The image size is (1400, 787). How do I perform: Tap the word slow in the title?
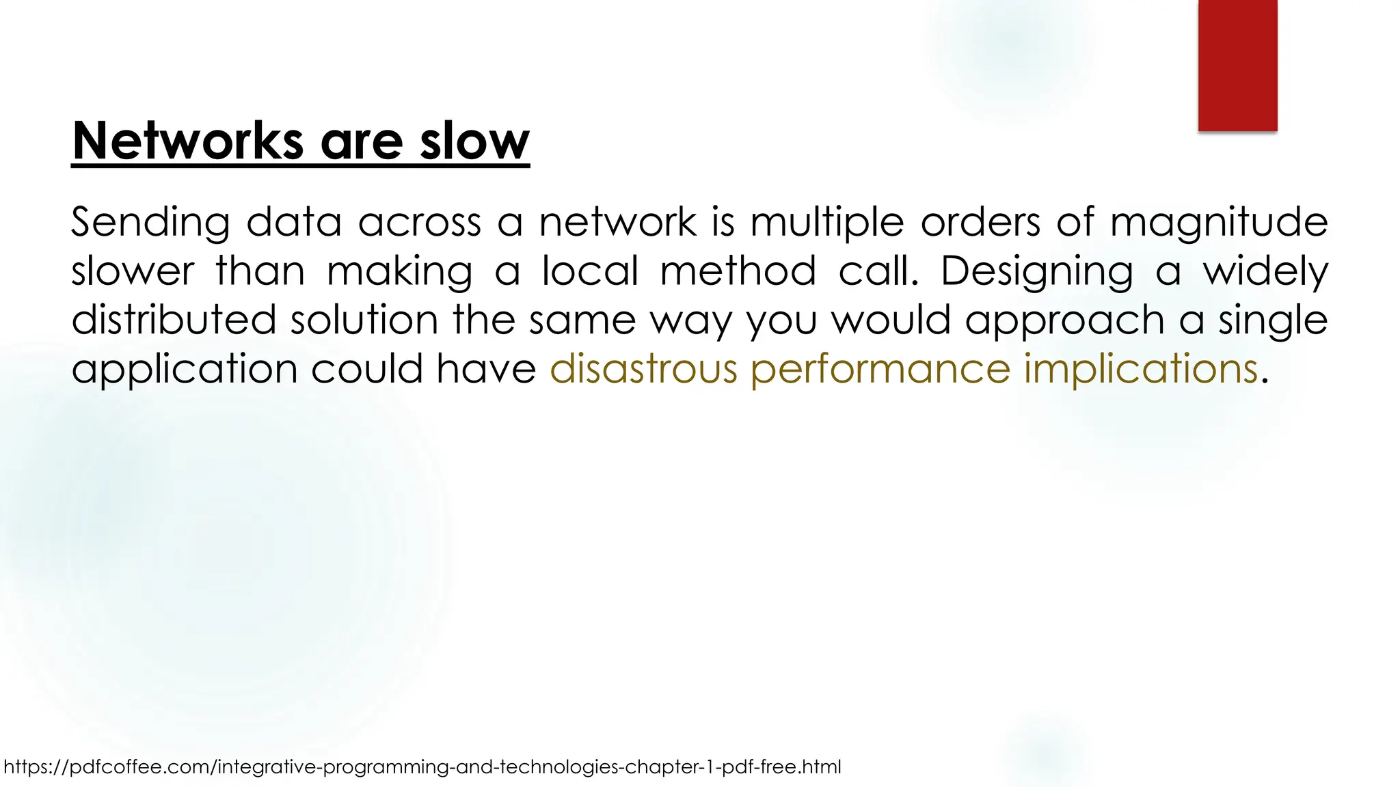click(474, 141)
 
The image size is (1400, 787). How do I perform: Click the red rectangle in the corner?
click(1237, 65)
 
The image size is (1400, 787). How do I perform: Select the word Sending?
click(150, 223)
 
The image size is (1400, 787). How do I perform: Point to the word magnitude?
click(1219, 223)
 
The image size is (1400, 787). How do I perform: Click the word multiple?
click(827, 223)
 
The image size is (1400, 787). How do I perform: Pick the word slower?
click(133, 271)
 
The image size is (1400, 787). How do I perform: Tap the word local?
click(590, 271)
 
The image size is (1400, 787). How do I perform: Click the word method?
click(738, 271)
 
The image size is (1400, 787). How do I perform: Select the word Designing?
click(1036, 271)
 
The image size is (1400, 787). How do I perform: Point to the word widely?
click(1265, 271)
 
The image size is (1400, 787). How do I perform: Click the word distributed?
click(174, 320)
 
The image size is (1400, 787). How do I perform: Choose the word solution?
click(364, 320)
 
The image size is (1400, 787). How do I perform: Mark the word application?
click(185, 370)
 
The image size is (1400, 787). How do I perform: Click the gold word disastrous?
click(643, 370)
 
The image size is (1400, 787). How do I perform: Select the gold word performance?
click(880, 370)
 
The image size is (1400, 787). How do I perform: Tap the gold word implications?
click(1140, 370)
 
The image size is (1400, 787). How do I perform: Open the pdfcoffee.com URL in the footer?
click(422, 767)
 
